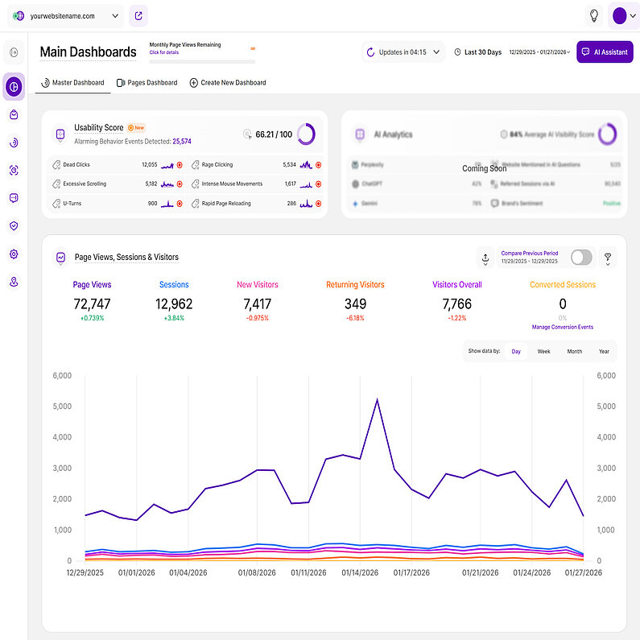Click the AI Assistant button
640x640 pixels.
[x=605, y=52]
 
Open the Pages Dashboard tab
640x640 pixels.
[x=147, y=83]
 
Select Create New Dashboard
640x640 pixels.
[x=228, y=83]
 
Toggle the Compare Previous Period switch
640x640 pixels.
[x=580, y=258]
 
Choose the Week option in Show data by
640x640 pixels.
[x=544, y=352]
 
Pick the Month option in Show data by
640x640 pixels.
[x=574, y=352]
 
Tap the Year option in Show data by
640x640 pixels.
[x=604, y=352]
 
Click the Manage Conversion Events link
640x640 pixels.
[x=563, y=328]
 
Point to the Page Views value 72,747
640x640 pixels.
[x=92, y=304]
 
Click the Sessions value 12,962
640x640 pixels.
[x=174, y=304]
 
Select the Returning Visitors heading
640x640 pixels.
[x=355, y=285]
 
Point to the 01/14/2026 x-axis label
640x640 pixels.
[x=360, y=573]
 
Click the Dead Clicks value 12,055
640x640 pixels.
[x=149, y=164]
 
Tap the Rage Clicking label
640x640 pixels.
[x=217, y=164]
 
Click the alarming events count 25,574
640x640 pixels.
[x=182, y=141]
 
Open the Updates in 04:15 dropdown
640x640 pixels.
[x=403, y=52]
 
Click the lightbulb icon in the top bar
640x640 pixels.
[x=594, y=15]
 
